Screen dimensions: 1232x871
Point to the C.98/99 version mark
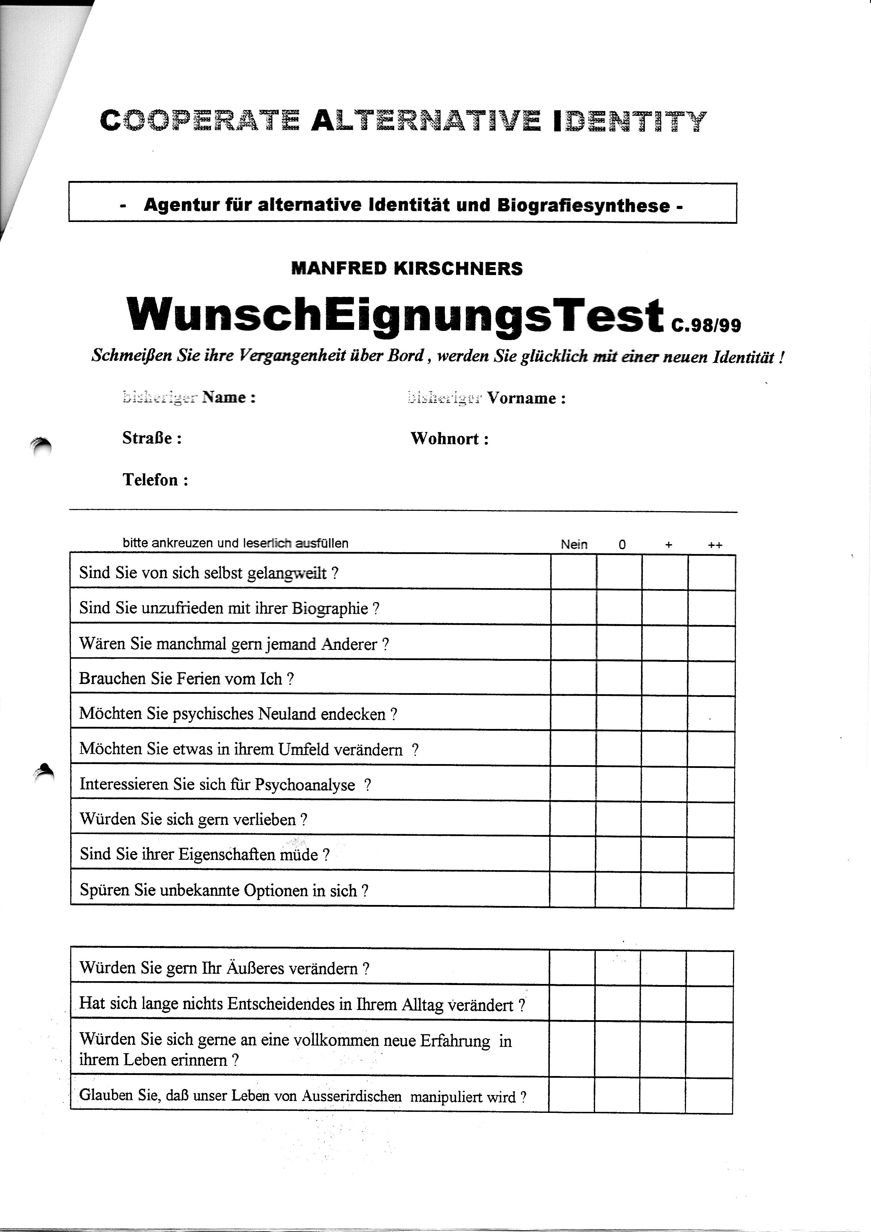click(706, 325)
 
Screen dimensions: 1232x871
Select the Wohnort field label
click(449, 438)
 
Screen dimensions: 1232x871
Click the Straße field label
click(152, 438)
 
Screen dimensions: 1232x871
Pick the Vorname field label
click(526, 398)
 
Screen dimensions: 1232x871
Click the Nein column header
click(574, 544)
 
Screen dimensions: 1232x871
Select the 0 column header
click(622, 545)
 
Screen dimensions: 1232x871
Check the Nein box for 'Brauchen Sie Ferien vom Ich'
click(573, 678)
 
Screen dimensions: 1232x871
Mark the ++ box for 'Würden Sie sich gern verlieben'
click(710, 819)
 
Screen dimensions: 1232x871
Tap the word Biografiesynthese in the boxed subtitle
click(583, 206)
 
